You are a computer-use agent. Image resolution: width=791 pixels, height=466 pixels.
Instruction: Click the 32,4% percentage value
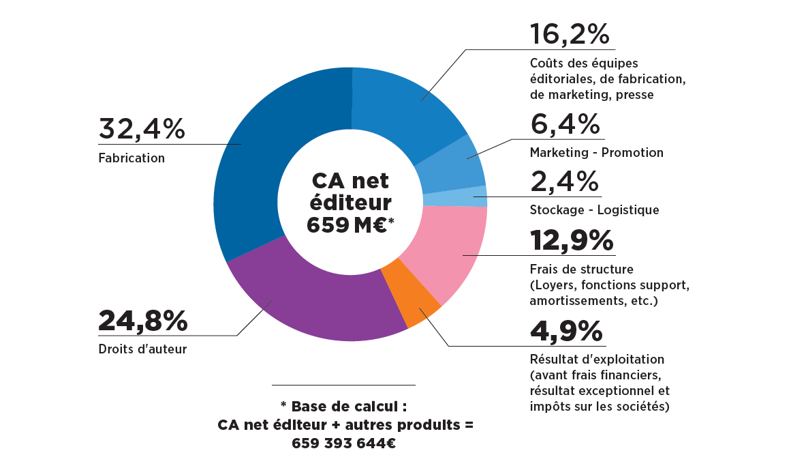142,130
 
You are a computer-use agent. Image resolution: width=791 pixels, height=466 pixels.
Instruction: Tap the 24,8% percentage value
142,321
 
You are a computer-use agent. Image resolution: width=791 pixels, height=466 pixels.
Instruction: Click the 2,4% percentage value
565,182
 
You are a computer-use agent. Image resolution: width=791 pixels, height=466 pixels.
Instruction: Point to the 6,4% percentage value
565,125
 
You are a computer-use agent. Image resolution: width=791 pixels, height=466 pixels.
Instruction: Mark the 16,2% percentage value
570,34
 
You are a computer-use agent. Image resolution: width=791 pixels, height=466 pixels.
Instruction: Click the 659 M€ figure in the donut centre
346,224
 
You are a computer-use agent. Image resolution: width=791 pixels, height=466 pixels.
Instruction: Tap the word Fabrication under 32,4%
131,158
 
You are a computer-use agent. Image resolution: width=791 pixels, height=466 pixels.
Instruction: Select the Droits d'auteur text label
142,349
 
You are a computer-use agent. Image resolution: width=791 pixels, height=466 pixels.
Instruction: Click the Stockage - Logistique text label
594,210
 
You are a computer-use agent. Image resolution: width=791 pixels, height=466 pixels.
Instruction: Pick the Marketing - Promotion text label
596,153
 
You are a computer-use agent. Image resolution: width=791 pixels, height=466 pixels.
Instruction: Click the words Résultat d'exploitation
597,359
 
